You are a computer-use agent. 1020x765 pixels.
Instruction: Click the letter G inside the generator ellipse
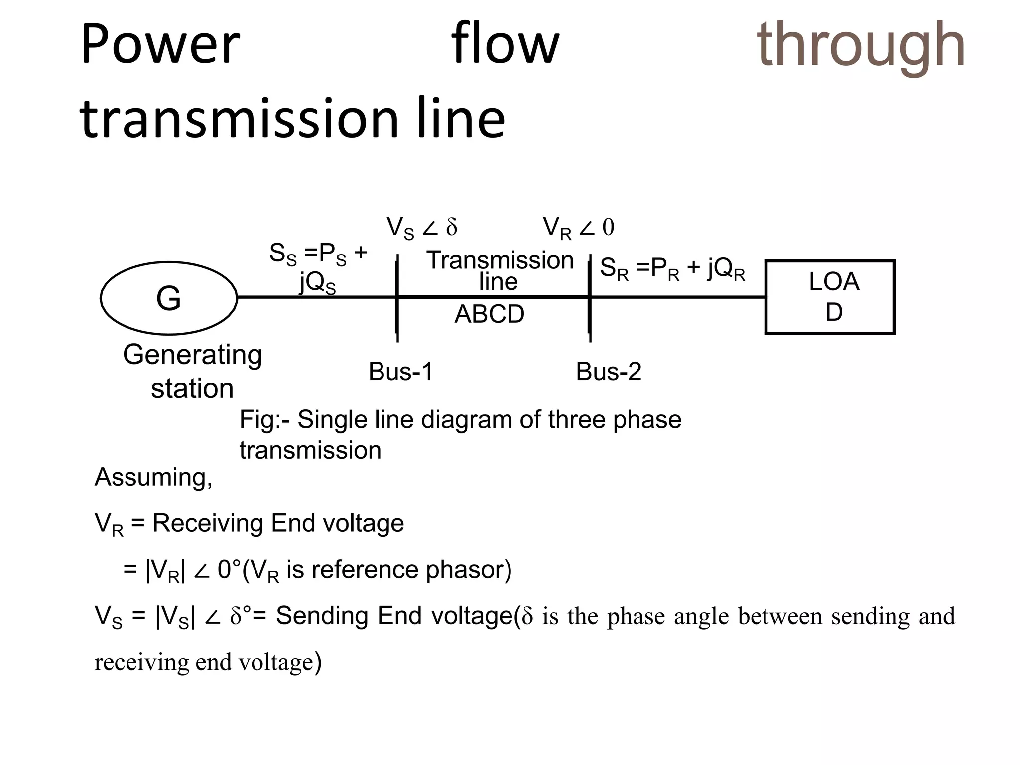(168, 298)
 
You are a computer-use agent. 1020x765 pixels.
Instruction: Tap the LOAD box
(830, 297)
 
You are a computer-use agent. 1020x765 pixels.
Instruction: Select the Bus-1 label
(401, 372)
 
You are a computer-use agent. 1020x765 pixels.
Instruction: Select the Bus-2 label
(609, 372)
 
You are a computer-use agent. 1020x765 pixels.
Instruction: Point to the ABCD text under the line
(490, 314)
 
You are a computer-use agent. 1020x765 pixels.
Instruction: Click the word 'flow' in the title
(505, 45)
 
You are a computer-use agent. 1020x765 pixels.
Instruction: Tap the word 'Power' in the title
(160, 45)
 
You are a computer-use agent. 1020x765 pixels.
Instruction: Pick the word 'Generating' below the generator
(192, 355)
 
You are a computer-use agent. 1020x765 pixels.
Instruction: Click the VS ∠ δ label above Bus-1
(422, 228)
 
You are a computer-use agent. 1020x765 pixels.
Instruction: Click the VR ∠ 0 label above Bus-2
(578, 228)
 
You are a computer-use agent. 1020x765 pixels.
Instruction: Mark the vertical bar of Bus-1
(397, 297)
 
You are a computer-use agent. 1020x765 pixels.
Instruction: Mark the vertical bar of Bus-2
(590, 297)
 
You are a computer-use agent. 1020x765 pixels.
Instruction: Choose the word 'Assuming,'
(153, 477)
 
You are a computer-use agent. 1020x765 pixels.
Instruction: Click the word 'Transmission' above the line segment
(500, 260)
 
